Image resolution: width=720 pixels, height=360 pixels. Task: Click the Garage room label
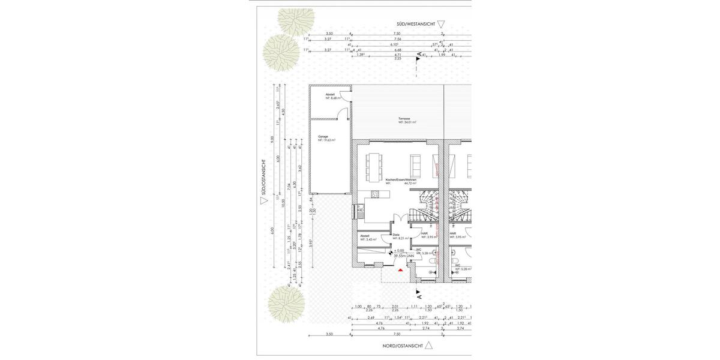point(323,137)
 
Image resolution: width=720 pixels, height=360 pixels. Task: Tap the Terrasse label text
point(404,118)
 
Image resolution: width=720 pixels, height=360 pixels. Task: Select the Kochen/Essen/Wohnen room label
point(401,179)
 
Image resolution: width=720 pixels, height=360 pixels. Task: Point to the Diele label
point(396,235)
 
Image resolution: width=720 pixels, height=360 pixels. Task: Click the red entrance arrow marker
point(400,270)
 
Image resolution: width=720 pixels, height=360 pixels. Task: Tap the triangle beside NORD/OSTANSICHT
point(429,346)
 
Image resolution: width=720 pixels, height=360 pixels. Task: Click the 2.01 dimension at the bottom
point(394,306)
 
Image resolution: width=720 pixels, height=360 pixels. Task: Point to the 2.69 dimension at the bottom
point(371,317)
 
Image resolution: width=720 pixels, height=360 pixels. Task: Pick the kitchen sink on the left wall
point(362,211)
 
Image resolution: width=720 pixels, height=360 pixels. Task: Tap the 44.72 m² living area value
point(410,184)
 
